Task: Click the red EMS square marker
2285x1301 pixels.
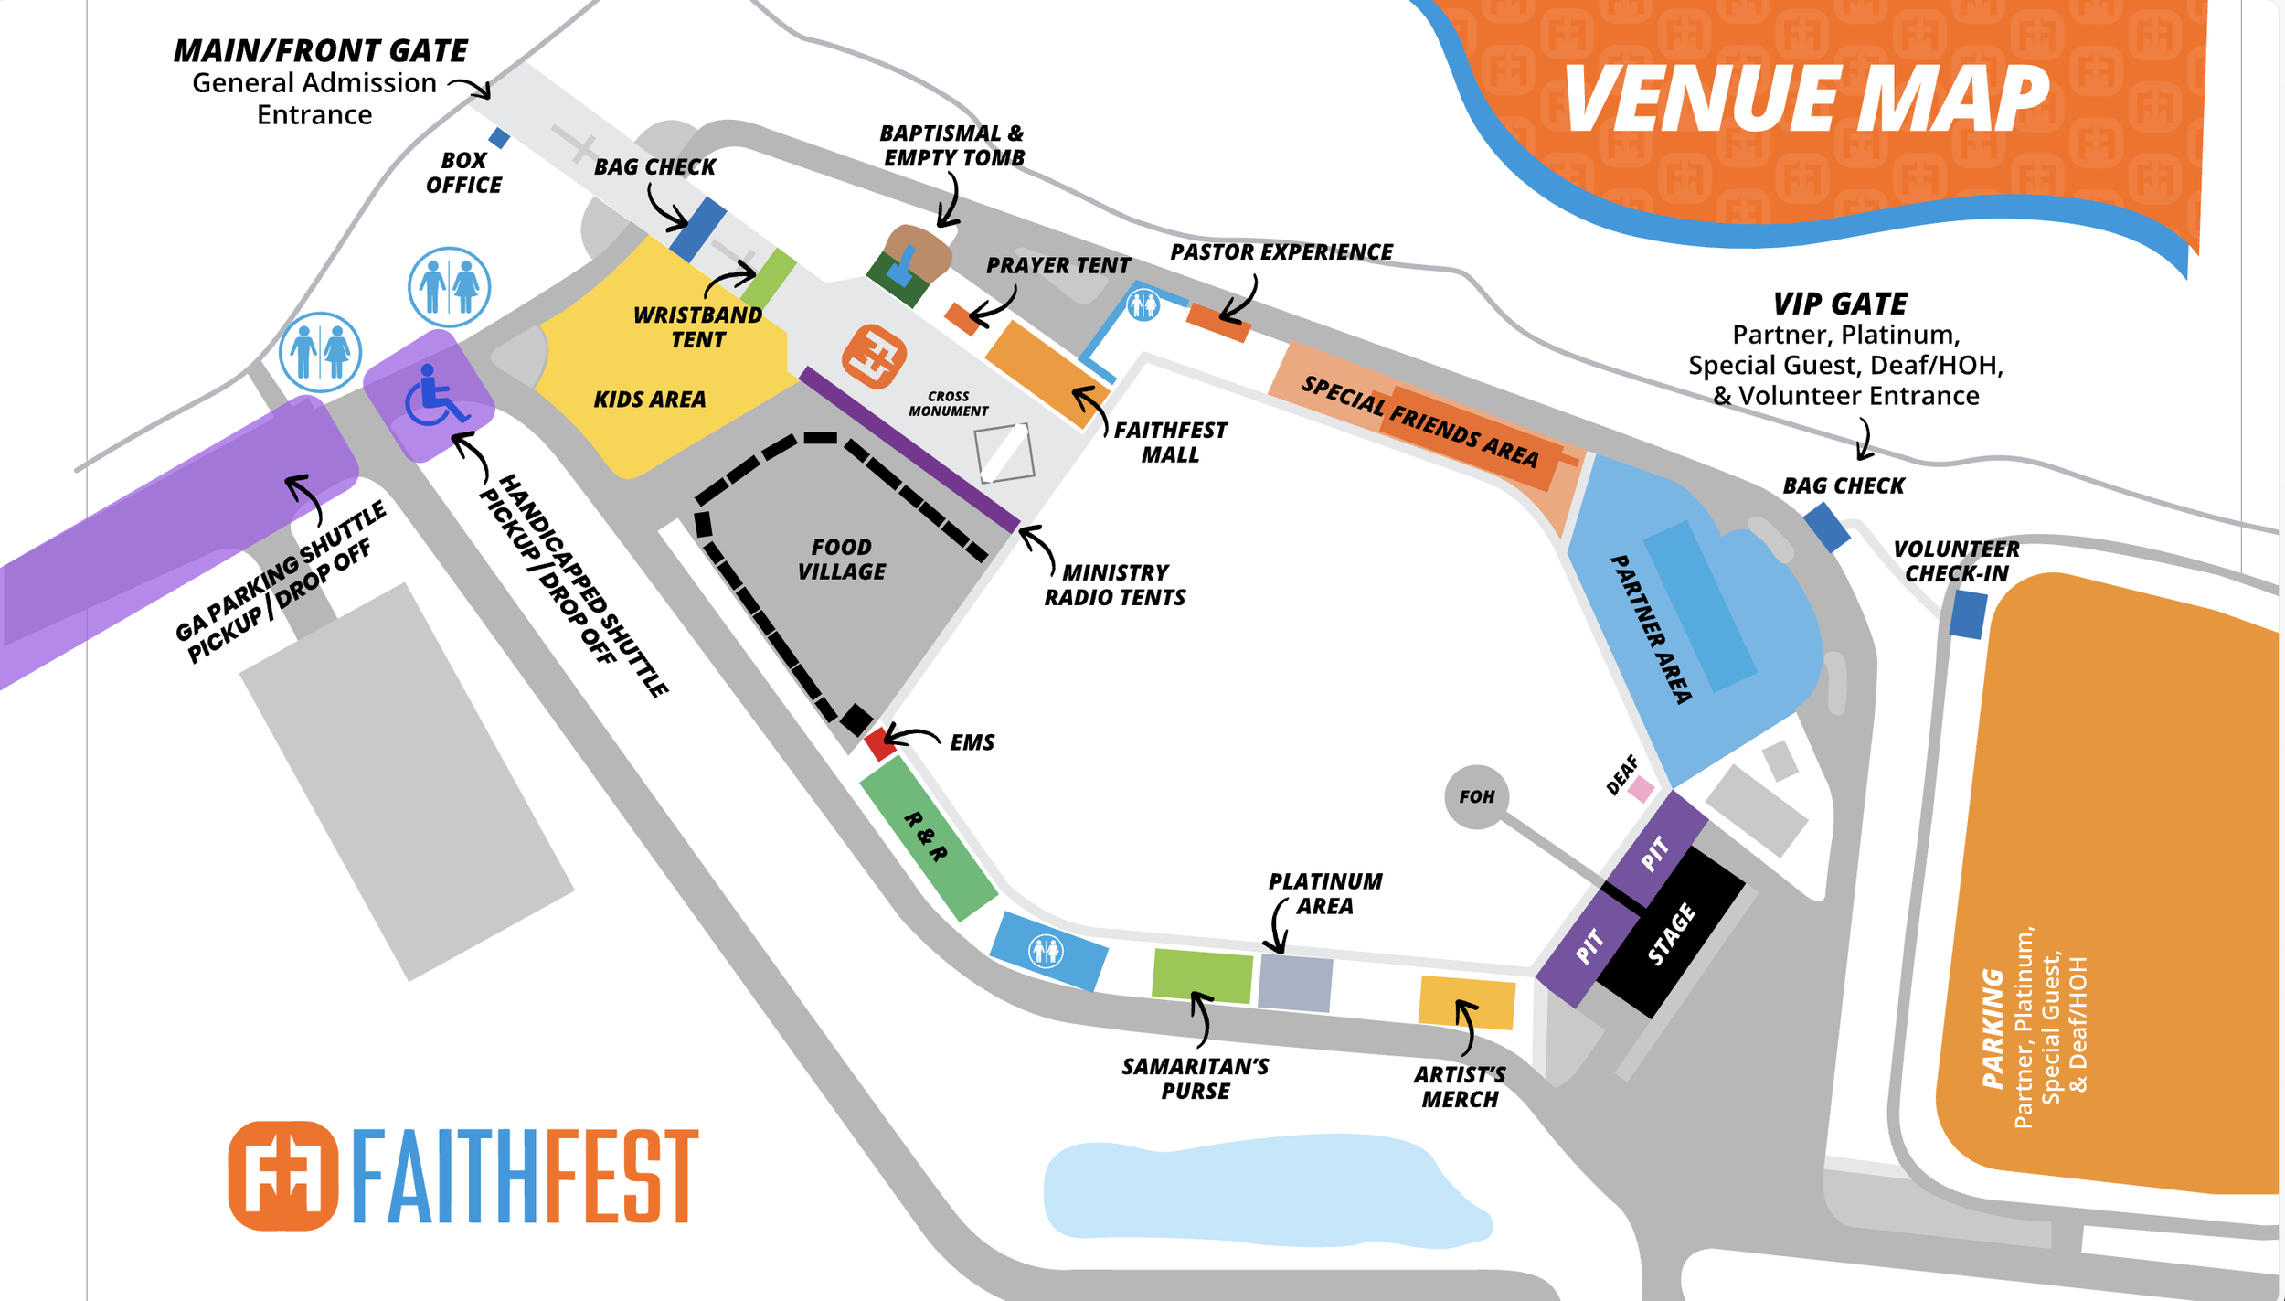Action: [x=880, y=743]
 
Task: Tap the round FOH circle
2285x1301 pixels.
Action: [x=1476, y=796]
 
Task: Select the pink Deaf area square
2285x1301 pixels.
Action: [x=1641, y=788]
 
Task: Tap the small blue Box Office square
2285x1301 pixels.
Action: [x=499, y=138]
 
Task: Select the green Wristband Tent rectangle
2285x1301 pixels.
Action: [x=768, y=278]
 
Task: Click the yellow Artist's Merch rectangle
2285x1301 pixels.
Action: [x=1466, y=1002]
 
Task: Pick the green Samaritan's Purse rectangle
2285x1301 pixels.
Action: [x=1202, y=976]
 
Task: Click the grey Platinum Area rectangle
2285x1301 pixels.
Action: [x=1295, y=983]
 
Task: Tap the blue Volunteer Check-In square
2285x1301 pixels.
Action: [x=1968, y=614]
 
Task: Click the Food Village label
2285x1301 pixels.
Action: [x=841, y=559]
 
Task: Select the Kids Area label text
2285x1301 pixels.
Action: [x=650, y=400]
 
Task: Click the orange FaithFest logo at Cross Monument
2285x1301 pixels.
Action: [x=874, y=357]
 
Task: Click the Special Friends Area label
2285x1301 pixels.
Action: [x=1420, y=421]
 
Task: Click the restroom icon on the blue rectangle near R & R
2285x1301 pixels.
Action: [x=1046, y=951]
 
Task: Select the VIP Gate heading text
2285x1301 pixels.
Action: [x=1840, y=304]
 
